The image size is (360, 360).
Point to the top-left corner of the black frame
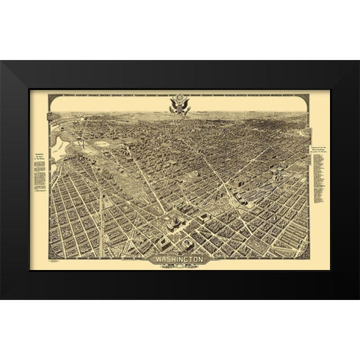click(x=2, y=61)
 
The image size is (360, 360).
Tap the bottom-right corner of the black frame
click(x=358, y=297)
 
